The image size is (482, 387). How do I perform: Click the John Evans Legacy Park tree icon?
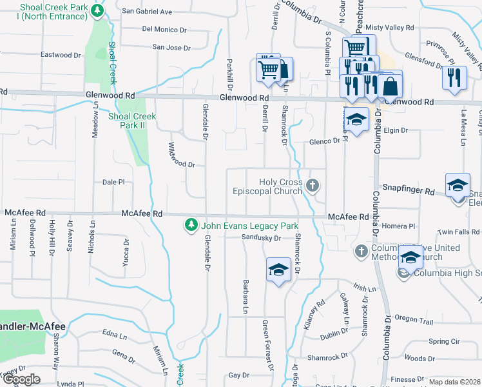tap(191, 225)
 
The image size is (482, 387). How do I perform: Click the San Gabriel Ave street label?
tap(147, 12)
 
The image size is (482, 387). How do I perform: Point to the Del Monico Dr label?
tap(164, 29)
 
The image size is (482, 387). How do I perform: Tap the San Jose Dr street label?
tap(171, 47)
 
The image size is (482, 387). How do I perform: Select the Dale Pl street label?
tap(113, 183)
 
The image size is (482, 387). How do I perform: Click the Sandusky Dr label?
tap(262, 238)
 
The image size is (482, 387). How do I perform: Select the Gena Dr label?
tap(123, 353)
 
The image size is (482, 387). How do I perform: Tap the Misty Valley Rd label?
tap(389, 28)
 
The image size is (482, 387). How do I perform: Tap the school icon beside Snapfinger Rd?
tap(458, 185)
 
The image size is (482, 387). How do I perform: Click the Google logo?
tap(21, 379)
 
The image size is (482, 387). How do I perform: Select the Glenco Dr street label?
tap(323, 141)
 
